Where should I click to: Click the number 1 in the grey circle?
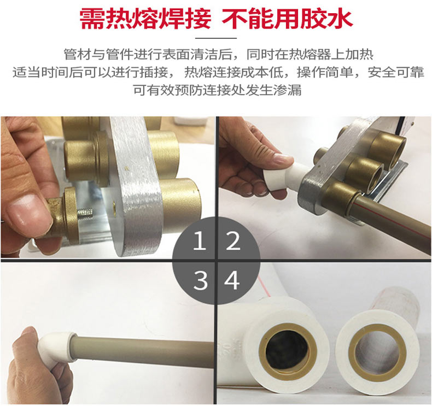[200, 240]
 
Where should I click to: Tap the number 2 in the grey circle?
[233, 240]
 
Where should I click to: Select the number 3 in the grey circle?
[200, 280]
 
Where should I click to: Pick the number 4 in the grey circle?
[232, 280]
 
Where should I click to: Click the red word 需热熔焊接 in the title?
[145, 19]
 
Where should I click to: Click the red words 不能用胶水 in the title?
[287, 19]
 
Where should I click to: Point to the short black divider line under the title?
[216, 38]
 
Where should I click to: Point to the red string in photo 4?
[264, 287]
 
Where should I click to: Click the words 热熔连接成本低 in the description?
[233, 72]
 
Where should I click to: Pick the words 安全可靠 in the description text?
[395, 72]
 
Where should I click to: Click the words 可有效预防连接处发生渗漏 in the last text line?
[217, 90]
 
